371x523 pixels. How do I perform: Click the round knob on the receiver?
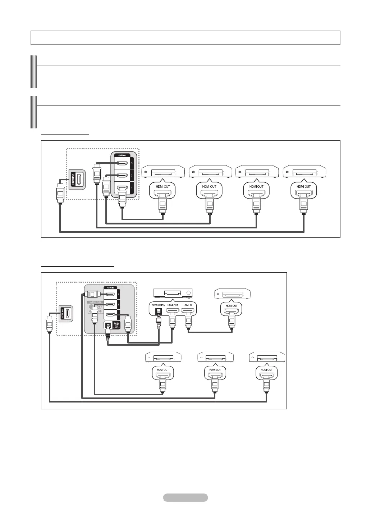click(x=189, y=292)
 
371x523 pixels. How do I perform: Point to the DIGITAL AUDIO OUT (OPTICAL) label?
click(x=116, y=326)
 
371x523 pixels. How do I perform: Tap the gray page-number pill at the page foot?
click(x=185, y=497)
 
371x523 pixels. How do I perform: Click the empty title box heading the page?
click(x=185, y=38)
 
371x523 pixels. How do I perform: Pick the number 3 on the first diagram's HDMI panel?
click(x=132, y=163)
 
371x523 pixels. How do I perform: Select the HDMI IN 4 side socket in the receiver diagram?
click(x=67, y=313)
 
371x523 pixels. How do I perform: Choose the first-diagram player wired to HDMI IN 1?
click(x=163, y=172)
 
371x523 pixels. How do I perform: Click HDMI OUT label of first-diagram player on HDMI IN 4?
click(x=303, y=186)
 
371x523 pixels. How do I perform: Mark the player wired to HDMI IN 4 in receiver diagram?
click(x=267, y=358)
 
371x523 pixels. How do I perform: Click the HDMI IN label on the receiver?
click(x=187, y=305)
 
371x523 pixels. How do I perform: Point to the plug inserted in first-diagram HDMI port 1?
click(x=122, y=196)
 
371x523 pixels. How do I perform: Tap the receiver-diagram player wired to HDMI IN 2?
click(x=163, y=358)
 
